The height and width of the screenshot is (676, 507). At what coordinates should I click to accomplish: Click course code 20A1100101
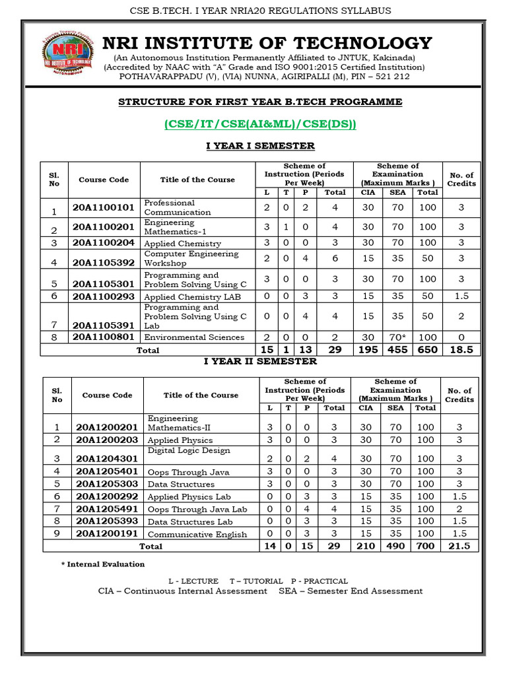(x=104, y=207)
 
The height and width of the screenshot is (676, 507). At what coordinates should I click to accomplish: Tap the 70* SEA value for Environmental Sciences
(x=397, y=337)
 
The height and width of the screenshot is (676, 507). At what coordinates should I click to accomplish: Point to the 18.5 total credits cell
(x=461, y=350)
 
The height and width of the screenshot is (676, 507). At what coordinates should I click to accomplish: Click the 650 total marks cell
(x=427, y=350)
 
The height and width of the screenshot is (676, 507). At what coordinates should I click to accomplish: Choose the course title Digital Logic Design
(x=189, y=450)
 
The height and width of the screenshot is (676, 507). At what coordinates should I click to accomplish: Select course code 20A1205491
(x=106, y=509)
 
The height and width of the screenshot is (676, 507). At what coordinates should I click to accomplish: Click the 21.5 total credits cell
(x=459, y=546)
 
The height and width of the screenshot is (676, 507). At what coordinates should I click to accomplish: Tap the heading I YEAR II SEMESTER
(x=260, y=362)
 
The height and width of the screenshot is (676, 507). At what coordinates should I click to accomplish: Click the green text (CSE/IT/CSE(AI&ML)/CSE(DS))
(x=259, y=124)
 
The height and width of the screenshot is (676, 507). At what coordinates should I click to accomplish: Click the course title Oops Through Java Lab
(x=197, y=510)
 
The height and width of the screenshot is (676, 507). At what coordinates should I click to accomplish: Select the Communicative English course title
(x=197, y=534)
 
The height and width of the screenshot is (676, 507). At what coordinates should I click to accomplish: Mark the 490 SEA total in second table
(x=395, y=546)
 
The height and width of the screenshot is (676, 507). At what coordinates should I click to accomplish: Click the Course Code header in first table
(x=104, y=180)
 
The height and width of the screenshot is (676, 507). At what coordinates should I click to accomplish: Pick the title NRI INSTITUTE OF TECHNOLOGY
(x=267, y=44)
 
